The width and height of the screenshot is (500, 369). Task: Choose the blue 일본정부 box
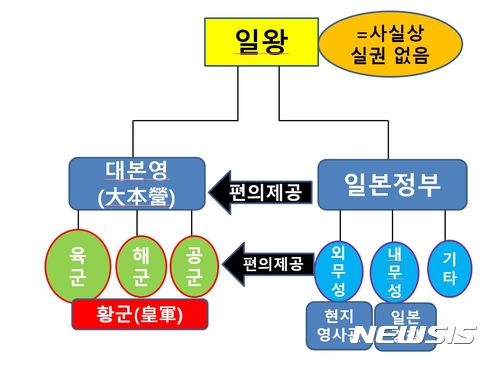(391, 183)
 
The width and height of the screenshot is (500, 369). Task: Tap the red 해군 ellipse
(139, 266)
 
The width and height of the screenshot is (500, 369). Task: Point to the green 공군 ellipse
(194, 266)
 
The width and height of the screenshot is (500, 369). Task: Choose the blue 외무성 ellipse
(337, 267)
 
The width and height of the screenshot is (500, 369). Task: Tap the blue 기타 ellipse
(449, 266)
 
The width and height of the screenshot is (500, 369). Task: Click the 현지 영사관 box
(338, 326)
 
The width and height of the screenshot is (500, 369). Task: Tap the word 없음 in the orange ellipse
(410, 55)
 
